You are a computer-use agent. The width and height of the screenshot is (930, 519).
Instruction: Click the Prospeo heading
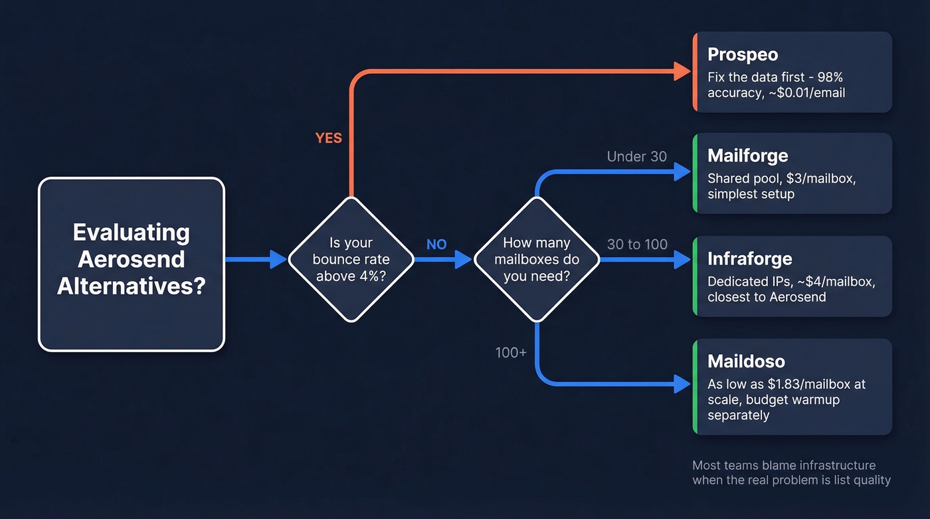(742, 54)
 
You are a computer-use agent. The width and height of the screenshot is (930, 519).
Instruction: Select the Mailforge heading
(747, 156)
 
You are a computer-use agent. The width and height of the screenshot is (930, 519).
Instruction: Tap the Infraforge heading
(749, 259)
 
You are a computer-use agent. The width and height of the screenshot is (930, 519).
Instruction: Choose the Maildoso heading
(746, 362)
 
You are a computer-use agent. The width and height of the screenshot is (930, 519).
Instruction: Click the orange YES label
(328, 138)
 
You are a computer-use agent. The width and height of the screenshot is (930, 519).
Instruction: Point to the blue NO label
(436, 245)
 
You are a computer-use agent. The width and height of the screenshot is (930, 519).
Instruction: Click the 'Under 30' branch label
(636, 157)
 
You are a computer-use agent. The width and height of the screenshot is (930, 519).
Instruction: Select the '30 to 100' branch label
(637, 245)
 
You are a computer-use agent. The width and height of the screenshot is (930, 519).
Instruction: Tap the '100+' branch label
(511, 352)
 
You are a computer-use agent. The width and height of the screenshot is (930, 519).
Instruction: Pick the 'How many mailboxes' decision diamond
(537, 259)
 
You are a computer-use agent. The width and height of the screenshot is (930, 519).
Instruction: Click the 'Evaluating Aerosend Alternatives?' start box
(132, 264)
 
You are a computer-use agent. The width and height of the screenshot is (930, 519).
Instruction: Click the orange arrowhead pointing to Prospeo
(682, 70)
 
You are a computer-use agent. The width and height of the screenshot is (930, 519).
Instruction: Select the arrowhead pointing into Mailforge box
(682, 172)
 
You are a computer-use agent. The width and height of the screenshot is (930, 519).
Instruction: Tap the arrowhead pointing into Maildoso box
(682, 383)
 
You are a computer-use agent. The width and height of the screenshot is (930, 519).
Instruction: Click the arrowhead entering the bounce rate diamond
(278, 259)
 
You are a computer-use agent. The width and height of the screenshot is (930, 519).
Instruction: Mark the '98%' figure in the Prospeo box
(827, 77)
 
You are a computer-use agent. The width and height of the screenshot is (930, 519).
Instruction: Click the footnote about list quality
(790, 472)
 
